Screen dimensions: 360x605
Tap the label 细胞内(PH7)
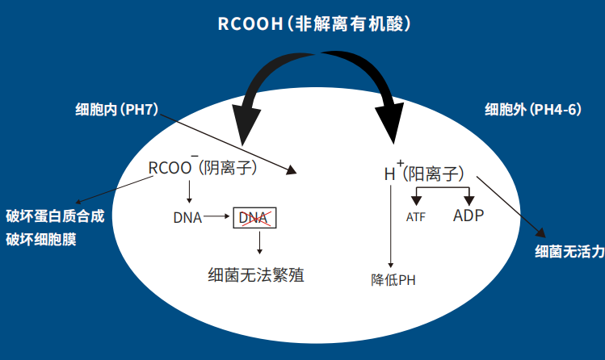coord(116,109)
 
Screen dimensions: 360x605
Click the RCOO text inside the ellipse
coord(170,167)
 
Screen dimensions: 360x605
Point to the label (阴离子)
coord(228,167)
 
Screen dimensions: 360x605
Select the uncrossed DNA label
coord(187,217)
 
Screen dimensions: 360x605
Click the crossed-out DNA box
coord(254,217)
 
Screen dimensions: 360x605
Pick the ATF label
coord(415,217)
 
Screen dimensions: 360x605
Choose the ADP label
coord(468,216)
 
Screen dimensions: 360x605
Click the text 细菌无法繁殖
coord(255,275)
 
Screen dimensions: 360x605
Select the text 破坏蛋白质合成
coord(55,217)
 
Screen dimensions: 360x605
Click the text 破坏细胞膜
coord(41,240)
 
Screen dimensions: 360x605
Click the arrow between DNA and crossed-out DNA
coord(218,217)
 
